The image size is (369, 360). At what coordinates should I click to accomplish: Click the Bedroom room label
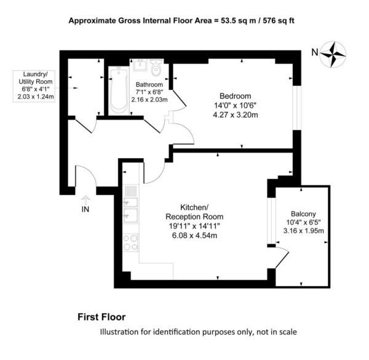(x=235, y=96)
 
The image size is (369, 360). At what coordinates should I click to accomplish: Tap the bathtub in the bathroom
(x=119, y=90)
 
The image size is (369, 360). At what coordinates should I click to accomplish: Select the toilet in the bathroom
(x=156, y=68)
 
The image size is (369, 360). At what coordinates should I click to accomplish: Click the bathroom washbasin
(x=140, y=65)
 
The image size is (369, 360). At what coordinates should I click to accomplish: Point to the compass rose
(x=333, y=55)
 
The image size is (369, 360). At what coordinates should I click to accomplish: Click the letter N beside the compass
(x=315, y=52)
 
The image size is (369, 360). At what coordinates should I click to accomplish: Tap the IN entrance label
(x=85, y=209)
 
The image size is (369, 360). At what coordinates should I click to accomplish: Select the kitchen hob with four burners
(x=131, y=242)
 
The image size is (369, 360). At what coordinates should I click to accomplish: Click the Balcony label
(x=303, y=214)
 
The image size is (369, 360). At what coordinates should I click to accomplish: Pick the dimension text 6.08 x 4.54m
(x=194, y=236)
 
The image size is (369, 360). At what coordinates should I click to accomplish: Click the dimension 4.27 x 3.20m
(x=236, y=115)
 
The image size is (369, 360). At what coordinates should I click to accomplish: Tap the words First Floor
(x=101, y=317)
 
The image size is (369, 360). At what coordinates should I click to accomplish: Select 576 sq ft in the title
(x=279, y=21)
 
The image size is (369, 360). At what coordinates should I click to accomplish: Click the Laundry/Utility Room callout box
(x=34, y=86)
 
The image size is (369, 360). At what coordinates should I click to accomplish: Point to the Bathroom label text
(x=149, y=84)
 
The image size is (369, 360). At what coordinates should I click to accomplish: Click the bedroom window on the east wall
(x=297, y=108)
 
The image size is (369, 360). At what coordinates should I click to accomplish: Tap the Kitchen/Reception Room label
(x=194, y=212)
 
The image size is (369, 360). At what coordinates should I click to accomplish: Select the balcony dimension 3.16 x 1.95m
(x=304, y=231)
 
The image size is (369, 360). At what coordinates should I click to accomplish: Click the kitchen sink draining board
(x=131, y=191)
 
